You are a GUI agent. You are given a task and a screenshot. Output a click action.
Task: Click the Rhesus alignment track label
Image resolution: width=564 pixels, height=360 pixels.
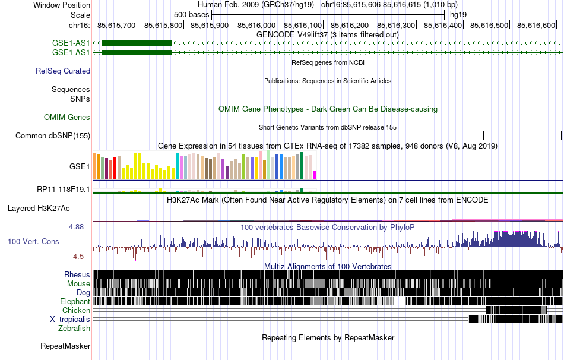[x=77, y=274]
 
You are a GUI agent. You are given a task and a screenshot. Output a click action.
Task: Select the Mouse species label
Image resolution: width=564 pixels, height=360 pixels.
[x=78, y=283]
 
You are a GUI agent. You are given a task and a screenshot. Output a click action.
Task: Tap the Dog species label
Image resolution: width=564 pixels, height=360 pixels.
[x=83, y=292]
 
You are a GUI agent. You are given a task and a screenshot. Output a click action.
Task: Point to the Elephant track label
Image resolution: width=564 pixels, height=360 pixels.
[x=75, y=301]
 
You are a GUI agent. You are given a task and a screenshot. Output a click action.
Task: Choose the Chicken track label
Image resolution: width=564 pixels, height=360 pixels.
[x=76, y=310]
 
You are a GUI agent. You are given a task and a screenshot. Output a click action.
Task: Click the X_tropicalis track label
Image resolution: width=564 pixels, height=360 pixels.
[x=70, y=319]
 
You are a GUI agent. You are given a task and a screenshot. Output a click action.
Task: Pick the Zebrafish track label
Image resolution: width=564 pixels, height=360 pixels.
[x=74, y=328]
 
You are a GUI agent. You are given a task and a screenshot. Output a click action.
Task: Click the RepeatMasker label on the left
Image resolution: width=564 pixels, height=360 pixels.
[x=65, y=346]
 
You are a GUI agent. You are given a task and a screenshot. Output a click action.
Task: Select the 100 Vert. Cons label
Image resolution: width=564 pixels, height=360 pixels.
[x=33, y=242]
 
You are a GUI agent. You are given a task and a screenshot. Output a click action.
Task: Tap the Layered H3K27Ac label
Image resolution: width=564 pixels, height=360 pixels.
[x=39, y=208]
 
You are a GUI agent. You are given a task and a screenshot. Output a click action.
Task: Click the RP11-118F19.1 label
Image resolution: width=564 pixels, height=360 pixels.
[x=64, y=190]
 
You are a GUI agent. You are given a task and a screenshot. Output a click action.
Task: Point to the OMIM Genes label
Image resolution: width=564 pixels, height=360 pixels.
[x=67, y=118]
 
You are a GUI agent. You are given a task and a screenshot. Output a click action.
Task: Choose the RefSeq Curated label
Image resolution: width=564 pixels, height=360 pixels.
[x=63, y=71]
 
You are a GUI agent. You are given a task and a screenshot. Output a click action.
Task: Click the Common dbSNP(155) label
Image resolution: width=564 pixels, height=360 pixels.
[x=53, y=135]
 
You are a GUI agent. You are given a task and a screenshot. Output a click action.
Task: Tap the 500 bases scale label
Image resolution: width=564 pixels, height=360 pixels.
[x=191, y=14]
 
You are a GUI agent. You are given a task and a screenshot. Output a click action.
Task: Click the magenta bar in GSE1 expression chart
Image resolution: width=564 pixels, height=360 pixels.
[x=315, y=175]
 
